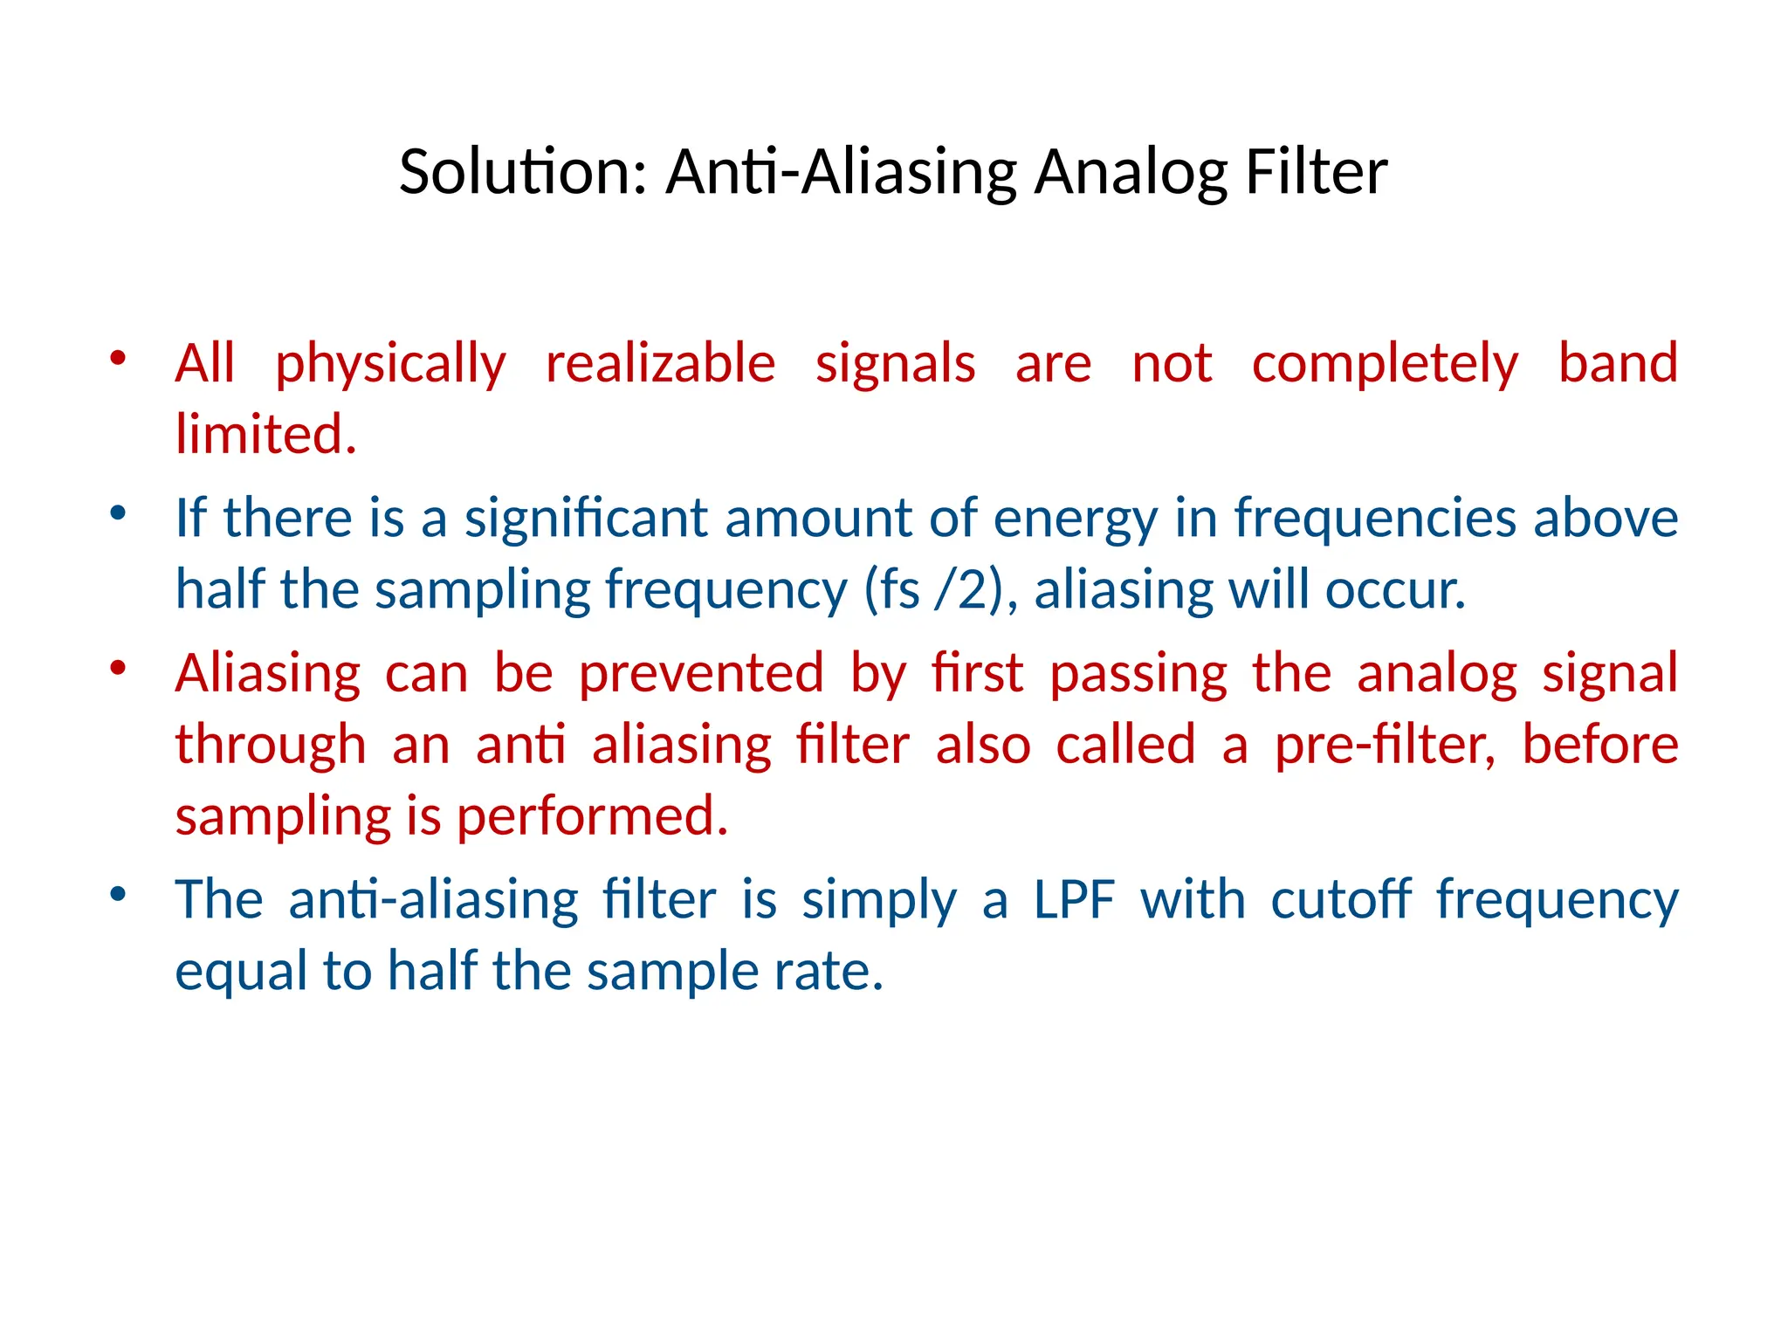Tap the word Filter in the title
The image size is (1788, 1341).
click(x=1316, y=172)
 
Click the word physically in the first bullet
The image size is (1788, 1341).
click(x=390, y=365)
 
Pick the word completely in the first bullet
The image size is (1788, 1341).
click(x=1385, y=365)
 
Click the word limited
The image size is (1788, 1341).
click(x=265, y=435)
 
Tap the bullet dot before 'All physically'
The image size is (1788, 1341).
click(x=119, y=357)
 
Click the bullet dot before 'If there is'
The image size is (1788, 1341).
click(x=119, y=512)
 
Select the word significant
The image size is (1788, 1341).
click(x=585, y=519)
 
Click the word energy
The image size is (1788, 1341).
click(x=1075, y=520)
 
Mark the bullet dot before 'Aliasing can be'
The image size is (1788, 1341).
click(x=119, y=668)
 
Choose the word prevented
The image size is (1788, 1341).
click(x=701, y=675)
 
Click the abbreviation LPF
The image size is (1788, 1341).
click(x=1074, y=900)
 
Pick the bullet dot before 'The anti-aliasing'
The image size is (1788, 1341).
click(x=119, y=894)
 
